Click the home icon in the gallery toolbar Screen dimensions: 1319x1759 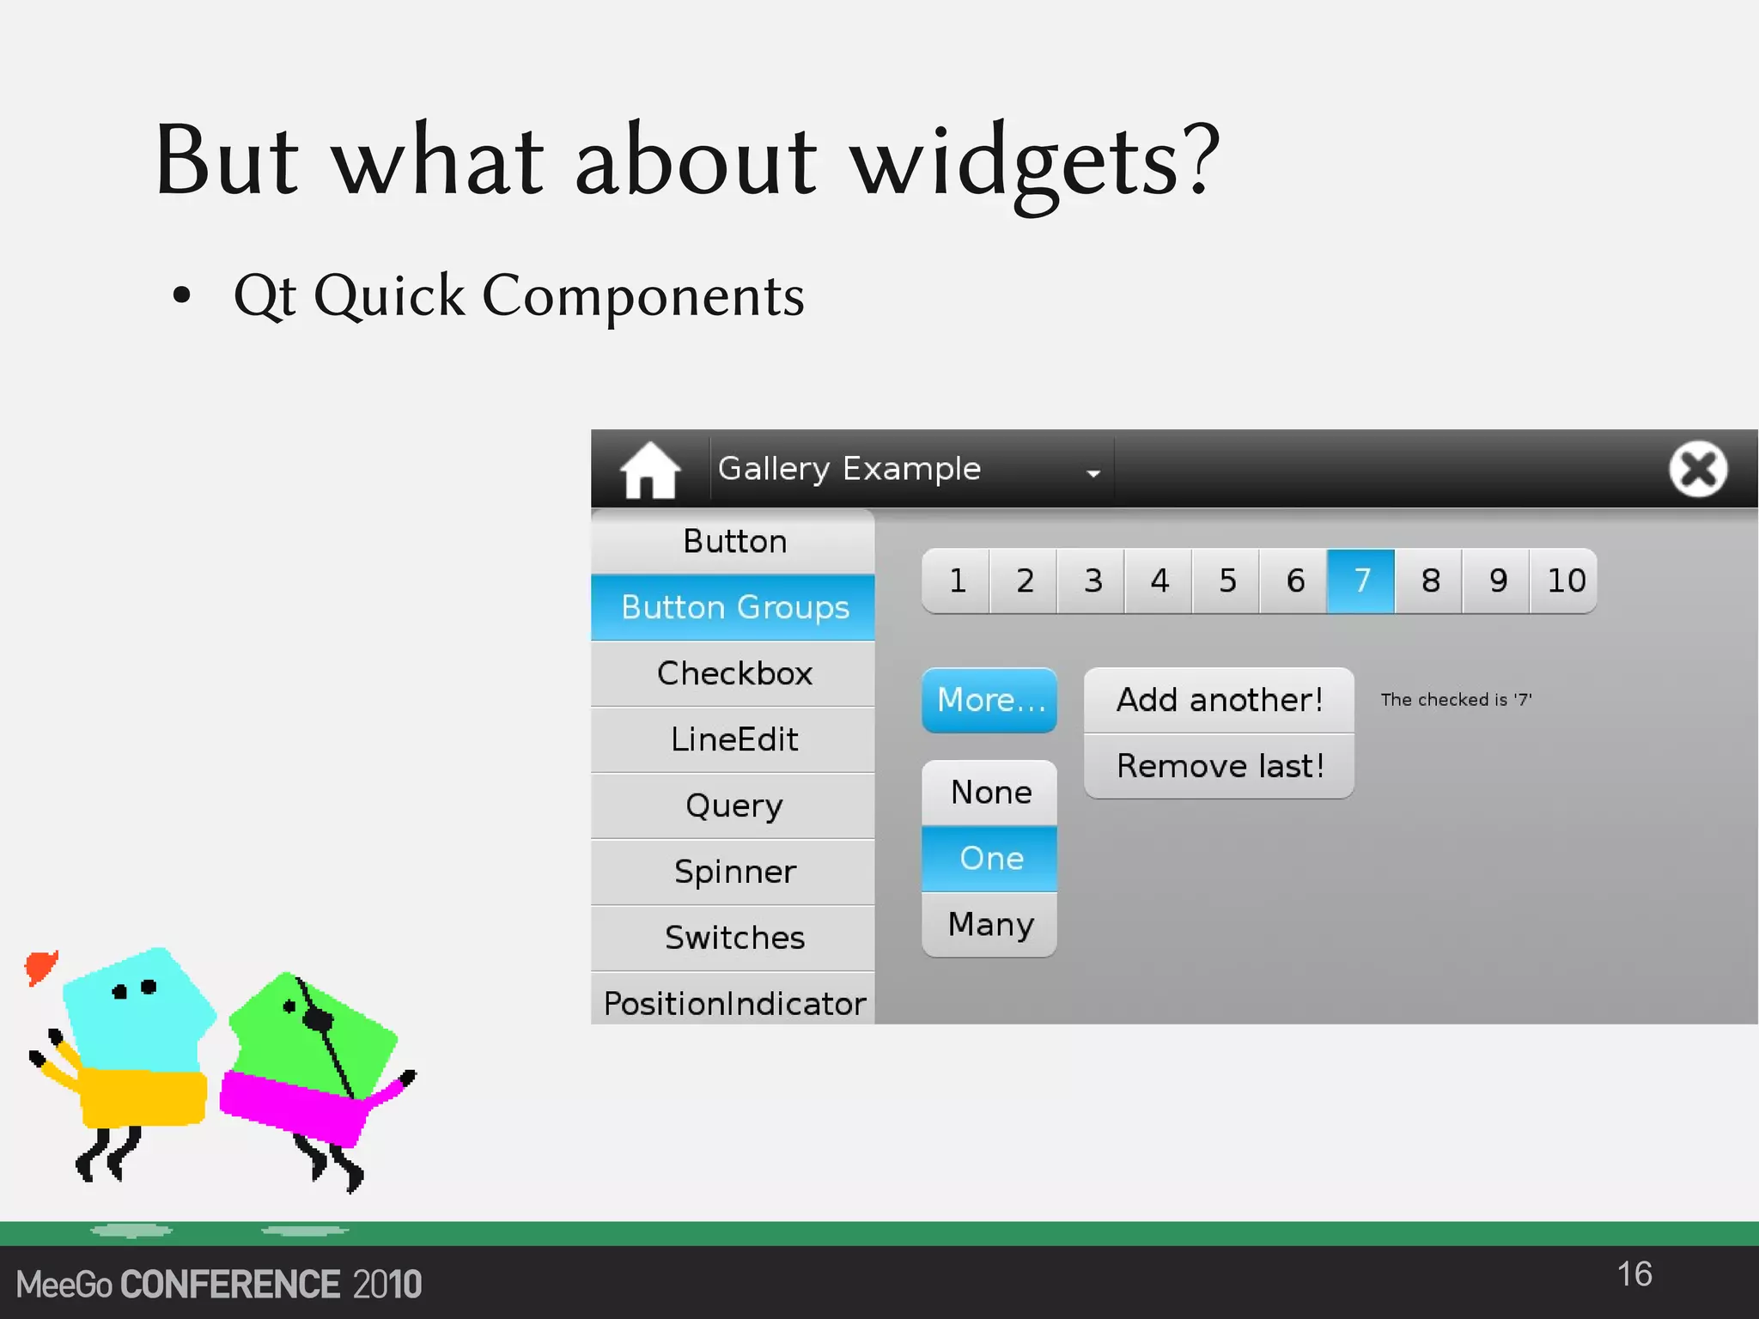tap(649, 470)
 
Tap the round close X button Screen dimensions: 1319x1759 tap(1697, 469)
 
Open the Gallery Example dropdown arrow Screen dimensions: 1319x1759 tap(1093, 473)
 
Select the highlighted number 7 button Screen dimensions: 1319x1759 tap(1360, 581)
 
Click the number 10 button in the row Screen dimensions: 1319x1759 tap(1565, 581)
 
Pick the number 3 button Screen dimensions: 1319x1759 tap(1092, 581)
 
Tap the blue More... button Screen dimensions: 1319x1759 tap(989, 701)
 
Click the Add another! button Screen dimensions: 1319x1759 tap(1219, 700)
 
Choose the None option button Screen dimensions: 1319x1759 tap(989, 793)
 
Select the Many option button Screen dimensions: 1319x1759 tap(989, 925)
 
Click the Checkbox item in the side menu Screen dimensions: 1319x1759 tap(733, 674)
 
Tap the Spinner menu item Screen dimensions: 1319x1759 tap(733, 872)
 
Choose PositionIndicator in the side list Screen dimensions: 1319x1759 tap(733, 1003)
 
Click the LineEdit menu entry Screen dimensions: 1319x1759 tap(733, 740)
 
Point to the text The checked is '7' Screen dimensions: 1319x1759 tap(1456, 700)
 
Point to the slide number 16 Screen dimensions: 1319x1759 tap(1634, 1274)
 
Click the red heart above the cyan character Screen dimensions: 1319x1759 tap(40, 968)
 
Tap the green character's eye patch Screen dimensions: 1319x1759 tap(319, 1019)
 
